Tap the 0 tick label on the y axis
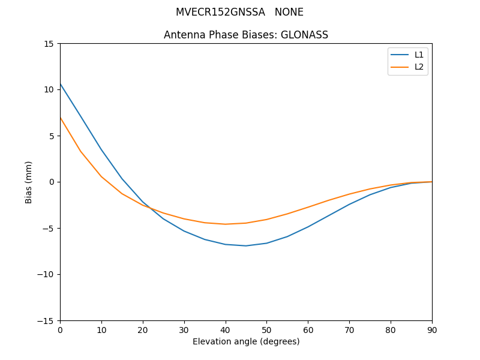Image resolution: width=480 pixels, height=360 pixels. pos(52,182)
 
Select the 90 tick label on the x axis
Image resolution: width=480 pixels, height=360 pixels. pos(432,329)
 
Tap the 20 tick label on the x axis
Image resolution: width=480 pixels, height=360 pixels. pos(143,329)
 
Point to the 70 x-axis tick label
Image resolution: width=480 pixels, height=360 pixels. pos(349,329)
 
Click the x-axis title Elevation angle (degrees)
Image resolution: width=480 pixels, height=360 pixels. pos(246,341)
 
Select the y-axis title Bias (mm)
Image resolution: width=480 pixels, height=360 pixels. pos(29,182)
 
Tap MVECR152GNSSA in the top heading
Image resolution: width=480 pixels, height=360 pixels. pos(220,12)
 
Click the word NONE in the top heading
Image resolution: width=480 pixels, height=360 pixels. pos(289,12)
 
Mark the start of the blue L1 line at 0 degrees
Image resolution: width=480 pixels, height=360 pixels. pos(61,84)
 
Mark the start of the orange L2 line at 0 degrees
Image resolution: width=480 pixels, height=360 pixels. pos(61,118)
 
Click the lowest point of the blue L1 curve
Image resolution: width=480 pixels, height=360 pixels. pos(246,245)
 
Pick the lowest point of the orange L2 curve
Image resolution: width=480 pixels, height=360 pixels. pos(226,224)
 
